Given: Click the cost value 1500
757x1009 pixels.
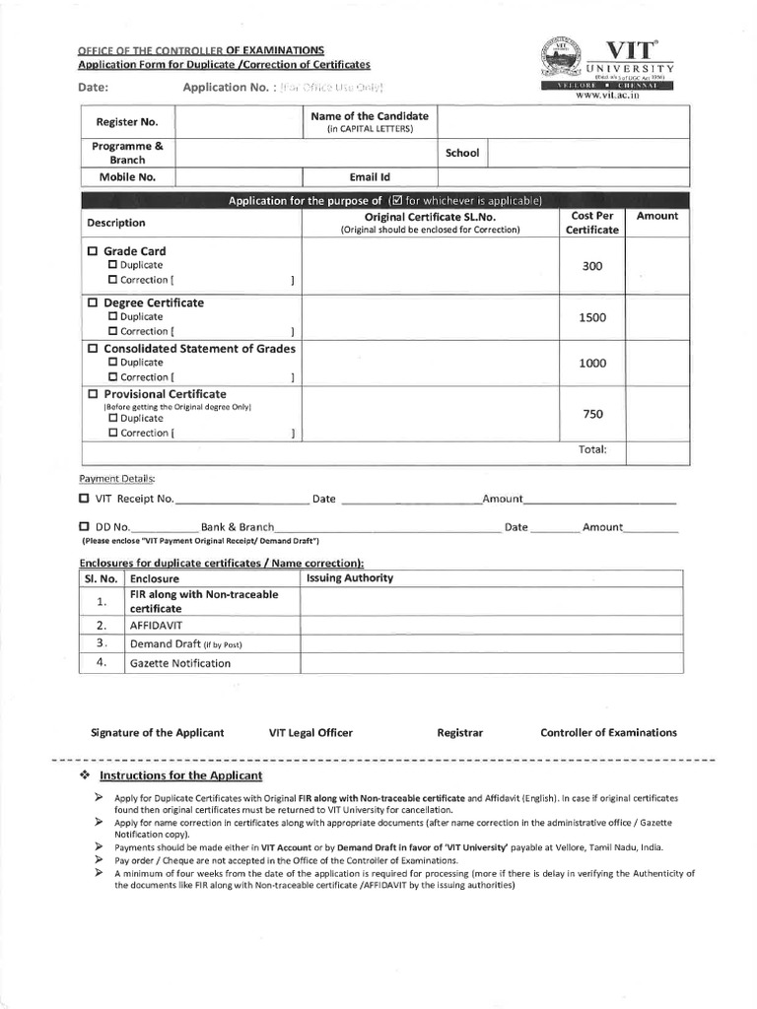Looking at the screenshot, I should pos(592,317).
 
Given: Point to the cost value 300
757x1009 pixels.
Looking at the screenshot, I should pos(592,266).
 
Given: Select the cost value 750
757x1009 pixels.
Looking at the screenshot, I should pos(592,414).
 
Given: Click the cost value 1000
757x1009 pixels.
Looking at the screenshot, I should pos(592,363).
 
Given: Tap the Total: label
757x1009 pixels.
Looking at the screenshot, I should pos(592,449).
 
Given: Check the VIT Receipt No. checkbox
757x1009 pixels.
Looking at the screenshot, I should pos(85,499).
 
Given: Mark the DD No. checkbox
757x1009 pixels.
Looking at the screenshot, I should pos(85,527).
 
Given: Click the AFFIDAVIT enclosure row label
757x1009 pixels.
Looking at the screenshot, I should pos(156,625).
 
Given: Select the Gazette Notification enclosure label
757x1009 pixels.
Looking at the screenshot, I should pos(180,663).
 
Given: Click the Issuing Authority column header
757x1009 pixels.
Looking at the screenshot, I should pos(350,578).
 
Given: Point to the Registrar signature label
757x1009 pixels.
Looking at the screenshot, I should pos(460,732).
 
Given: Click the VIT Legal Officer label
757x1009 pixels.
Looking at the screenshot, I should pos(310,732).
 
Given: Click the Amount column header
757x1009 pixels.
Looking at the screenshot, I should pos(657,216).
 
